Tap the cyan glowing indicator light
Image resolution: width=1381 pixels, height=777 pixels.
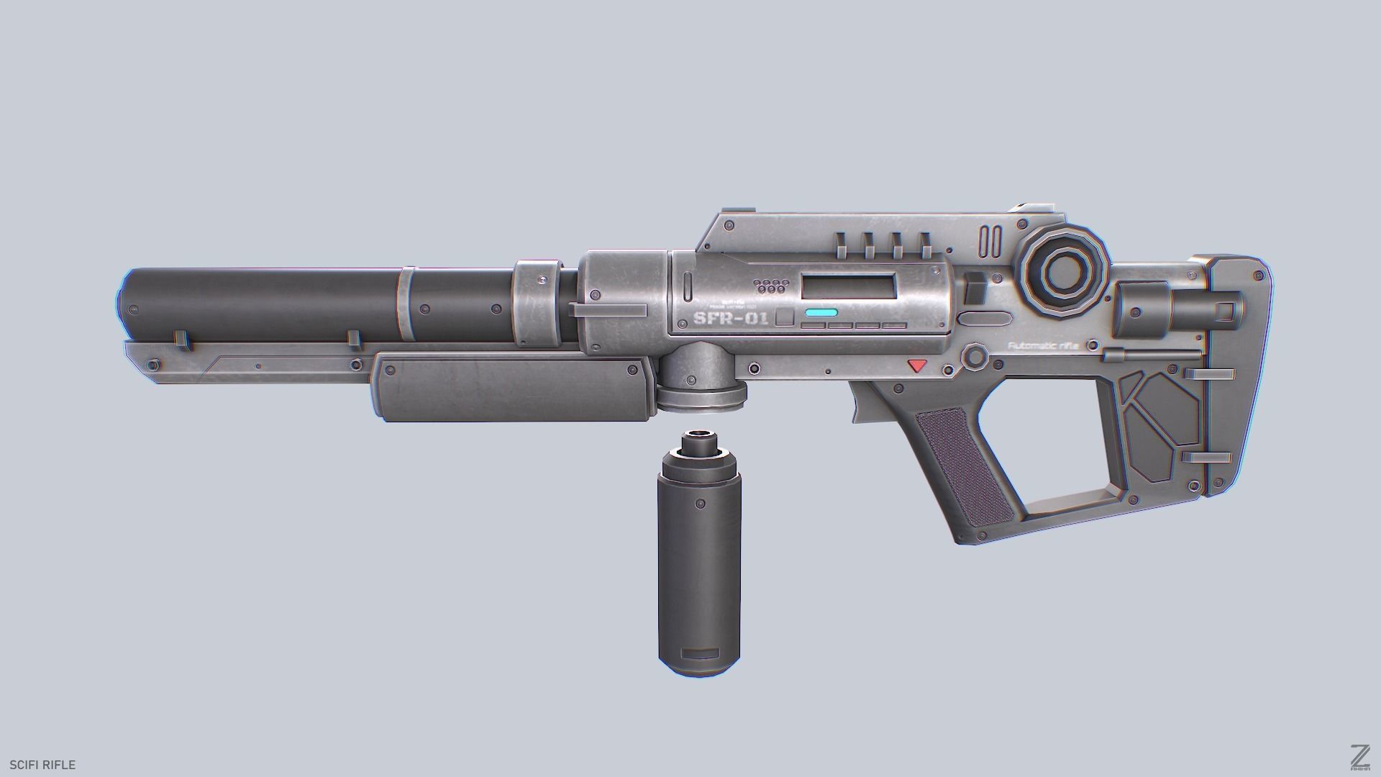(821, 313)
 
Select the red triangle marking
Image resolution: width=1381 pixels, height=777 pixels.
(917, 365)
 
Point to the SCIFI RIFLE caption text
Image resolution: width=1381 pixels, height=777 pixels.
(42, 765)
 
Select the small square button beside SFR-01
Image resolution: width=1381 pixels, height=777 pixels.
(785, 318)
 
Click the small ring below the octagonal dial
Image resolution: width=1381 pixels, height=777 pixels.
(975, 357)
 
